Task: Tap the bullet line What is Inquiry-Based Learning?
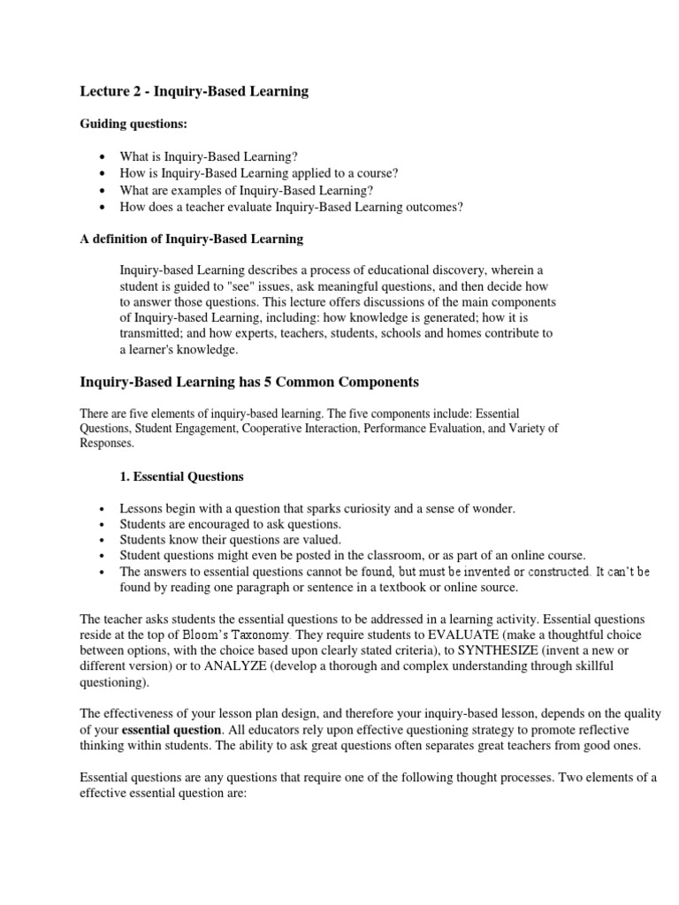(x=202, y=156)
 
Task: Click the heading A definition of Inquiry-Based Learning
(x=192, y=239)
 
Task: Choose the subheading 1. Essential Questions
(x=181, y=476)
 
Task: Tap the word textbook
(x=408, y=587)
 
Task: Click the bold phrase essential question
(x=172, y=730)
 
